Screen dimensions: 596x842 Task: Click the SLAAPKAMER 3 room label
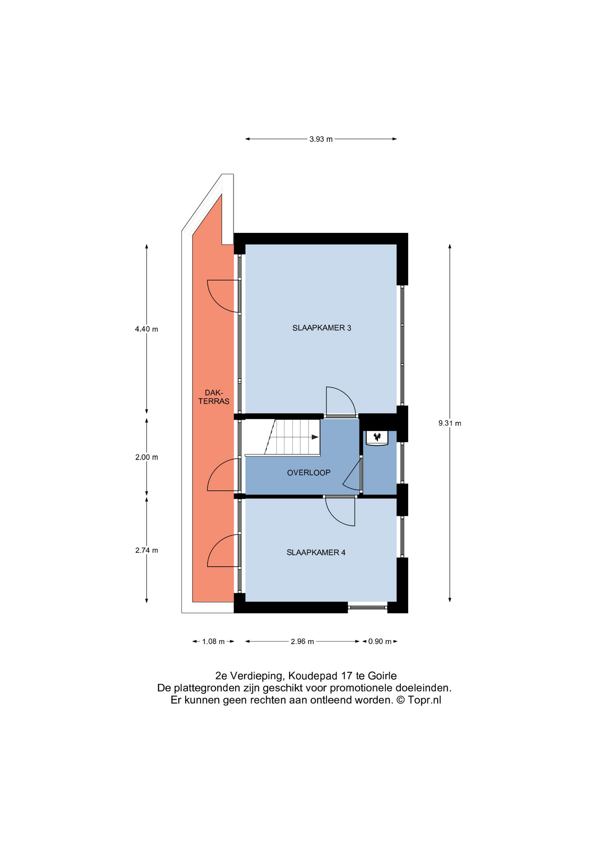pyautogui.click(x=322, y=328)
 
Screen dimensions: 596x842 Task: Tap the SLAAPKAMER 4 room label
pyautogui.click(x=316, y=553)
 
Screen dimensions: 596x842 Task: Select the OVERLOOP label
pyautogui.click(x=309, y=473)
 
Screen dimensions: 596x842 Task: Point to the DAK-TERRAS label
pyautogui.click(x=214, y=397)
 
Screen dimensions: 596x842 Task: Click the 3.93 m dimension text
pyautogui.click(x=321, y=139)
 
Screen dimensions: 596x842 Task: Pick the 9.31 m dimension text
pyautogui.click(x=450, y=423)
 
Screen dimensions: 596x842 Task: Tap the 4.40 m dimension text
pyautogui.click(x=147, y=329)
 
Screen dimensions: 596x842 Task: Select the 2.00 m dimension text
pyautogui.click(x=147, y=457)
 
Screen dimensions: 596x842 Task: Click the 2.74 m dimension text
pyautogui.click(x=147, y=550)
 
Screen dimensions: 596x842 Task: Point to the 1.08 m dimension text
pyautogui.click(x=213, y=642)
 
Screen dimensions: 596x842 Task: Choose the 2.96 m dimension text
pyautogui.click(x=302, y=642)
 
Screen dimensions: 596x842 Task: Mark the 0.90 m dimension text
pyautogui.click(x=380, y=642)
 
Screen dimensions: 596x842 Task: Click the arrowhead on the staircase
pyautogui.click(x=315, y=437)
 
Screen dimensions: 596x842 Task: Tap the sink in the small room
pyautogui.click(x=377, y=438)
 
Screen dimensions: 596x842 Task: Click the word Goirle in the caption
pyautogui.click(x=382, y=676)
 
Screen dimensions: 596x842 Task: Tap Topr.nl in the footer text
pyautogui.click(x=424, y=700)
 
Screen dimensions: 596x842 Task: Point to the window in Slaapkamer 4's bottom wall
pyautogui.click(x=368, y=607)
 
